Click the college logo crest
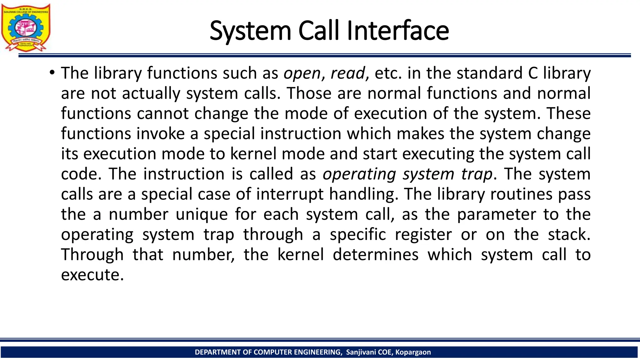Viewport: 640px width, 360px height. [26, 27]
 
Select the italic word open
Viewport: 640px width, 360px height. [302, 74]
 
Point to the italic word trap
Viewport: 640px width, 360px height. [477, 174]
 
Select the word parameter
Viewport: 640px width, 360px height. [497, 215]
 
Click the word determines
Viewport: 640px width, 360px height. [375, 255]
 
